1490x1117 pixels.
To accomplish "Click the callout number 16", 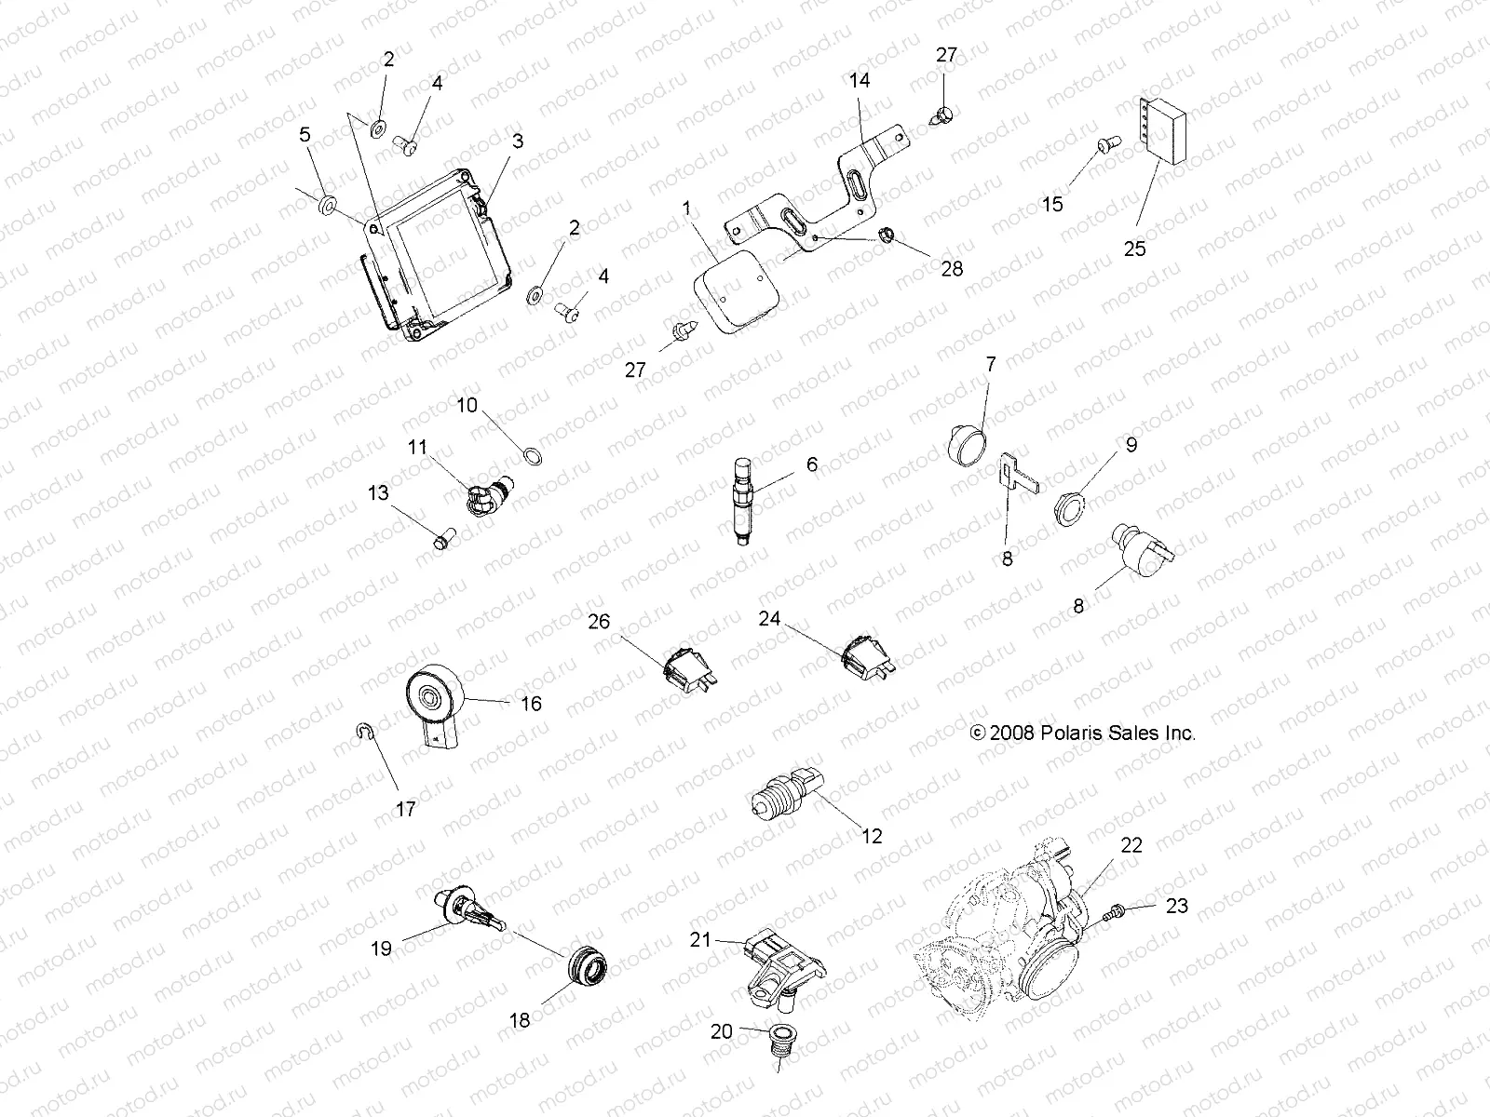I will (x=530, y=704).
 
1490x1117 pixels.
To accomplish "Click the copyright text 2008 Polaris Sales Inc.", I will (x=1082, y=733).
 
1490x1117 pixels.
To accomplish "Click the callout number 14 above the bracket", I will (x=860, y=80).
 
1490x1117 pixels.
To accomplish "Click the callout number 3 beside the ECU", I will (x=518, y=141).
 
